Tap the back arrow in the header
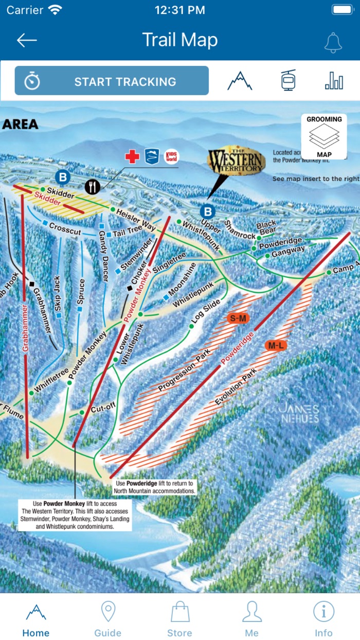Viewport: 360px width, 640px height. tap(27, 41)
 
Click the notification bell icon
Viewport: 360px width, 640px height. tap(333, 42)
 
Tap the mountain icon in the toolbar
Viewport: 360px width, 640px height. tap(240, 81)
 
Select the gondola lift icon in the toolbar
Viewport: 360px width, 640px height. tap(289, 81)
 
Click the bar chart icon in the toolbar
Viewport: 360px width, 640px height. tap(334, 81)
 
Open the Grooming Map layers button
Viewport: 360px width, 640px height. tap(324, 137)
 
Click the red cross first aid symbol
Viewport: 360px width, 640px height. tap(132, 157)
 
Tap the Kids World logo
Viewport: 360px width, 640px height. tap(170, 156)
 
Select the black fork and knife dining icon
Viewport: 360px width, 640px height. tap(92, 186)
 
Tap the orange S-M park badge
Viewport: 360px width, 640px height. tap(238, 318)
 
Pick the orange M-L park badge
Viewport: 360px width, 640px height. tap(276, 345)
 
